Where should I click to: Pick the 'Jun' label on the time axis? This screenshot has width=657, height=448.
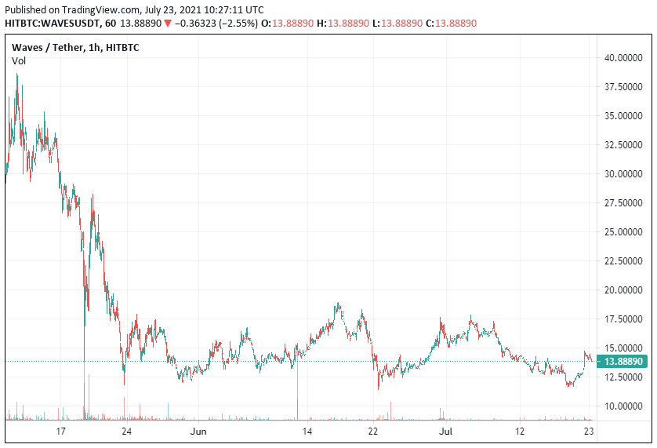199,432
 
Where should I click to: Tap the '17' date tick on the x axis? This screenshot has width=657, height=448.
61,432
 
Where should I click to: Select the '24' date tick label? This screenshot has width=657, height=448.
125,432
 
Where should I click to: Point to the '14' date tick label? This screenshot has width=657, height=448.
308,432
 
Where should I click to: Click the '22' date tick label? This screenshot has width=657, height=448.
373,432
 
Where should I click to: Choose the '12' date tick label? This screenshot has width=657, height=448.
519,432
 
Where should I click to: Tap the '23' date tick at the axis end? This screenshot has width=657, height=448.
589,432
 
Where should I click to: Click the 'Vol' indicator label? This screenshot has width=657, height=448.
19,60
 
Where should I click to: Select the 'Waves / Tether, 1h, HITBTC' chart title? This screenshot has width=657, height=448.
74,47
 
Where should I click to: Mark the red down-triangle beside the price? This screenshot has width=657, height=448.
168,24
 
